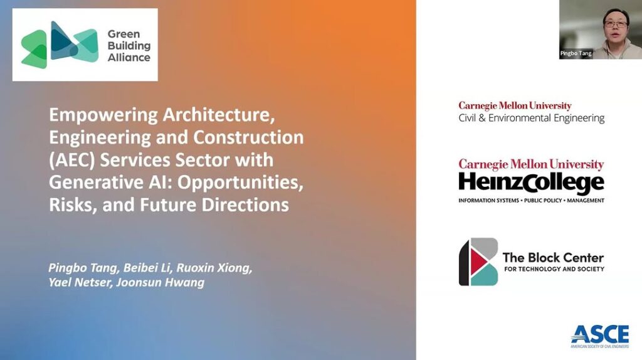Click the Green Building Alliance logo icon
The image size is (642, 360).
(60, 45)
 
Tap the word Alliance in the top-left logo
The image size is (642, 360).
(129, 57)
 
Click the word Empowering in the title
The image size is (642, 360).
(103, 115)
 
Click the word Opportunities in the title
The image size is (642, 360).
(240, 183)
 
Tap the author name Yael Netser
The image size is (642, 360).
(80, 283)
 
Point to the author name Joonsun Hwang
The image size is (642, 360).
(160, 283)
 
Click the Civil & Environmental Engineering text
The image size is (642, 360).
(532, 119)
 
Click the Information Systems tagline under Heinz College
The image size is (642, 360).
(532, 200)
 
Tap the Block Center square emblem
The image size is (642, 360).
(478, 262)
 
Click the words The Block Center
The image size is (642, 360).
(553, 258)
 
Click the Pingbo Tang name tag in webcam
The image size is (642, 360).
(576, 53)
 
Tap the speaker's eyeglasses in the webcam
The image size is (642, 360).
(616, 24)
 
